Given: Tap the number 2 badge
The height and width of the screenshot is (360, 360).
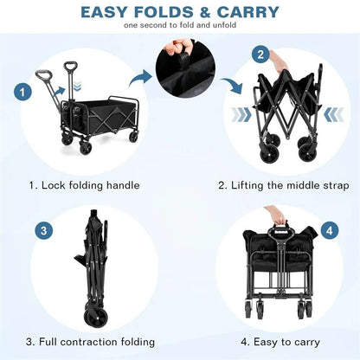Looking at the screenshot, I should tap(260, 55).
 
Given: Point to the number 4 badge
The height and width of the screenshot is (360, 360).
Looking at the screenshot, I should tap(330, 231).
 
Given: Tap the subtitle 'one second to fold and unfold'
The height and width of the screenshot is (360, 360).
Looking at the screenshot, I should tap(179, 26).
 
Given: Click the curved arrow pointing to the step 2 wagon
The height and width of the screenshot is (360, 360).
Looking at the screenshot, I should tap(231, 87).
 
